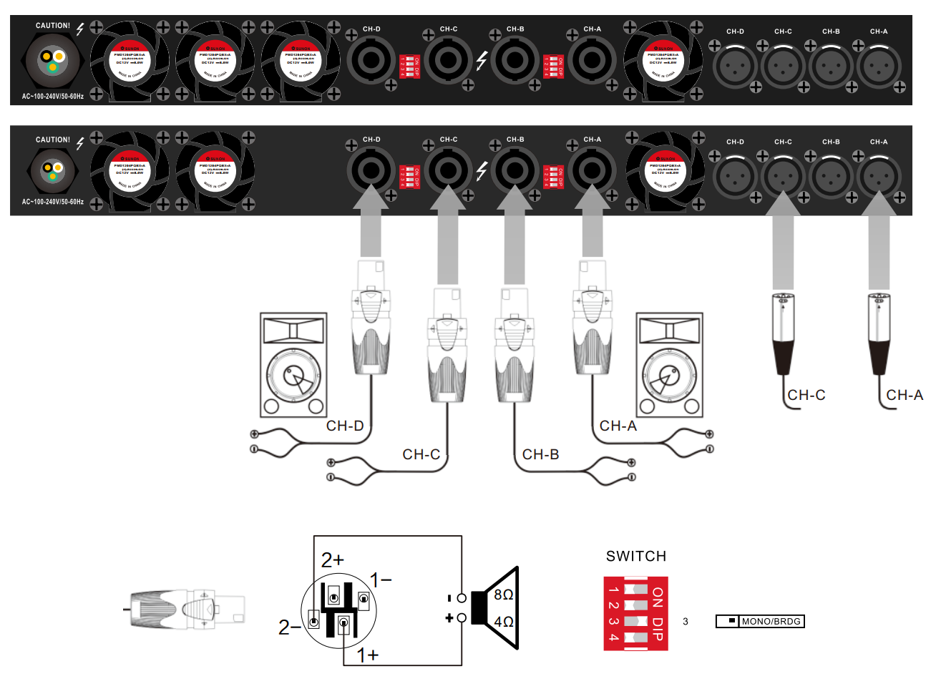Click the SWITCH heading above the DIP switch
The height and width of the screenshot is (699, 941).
[635, 557]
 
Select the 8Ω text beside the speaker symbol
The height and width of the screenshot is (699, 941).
[504, 595]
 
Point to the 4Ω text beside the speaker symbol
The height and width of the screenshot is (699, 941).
[504, 622]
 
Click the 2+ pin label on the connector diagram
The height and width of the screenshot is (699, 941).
[332, 559]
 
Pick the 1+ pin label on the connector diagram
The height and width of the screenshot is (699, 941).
[368, 655]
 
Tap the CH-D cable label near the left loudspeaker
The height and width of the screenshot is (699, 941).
[345, 426]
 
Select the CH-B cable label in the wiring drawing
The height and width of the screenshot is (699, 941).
[540, 455]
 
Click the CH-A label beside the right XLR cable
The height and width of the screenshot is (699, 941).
[905, 396]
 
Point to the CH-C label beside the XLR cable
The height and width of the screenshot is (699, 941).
[806, 396]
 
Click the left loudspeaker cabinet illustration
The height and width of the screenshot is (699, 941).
[293, 365]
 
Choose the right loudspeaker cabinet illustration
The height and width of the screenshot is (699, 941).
[670, 365]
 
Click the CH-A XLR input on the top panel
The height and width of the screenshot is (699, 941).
[879, 67]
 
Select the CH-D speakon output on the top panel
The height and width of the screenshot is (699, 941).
[371, 60]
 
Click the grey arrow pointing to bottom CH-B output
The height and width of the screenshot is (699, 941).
[515, 236]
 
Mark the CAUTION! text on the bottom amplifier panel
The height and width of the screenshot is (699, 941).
[53, 140]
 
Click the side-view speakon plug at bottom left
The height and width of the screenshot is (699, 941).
[187, 610]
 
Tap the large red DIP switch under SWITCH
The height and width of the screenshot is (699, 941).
[635, 613]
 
